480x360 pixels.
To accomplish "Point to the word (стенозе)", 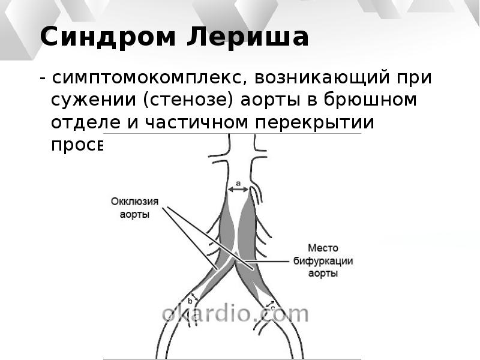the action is (x=190, y=100).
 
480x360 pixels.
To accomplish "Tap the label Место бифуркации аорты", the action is (x=323, y=261).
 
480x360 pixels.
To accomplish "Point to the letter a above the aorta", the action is (x=238, y=182).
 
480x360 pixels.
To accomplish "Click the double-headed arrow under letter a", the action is (x=238, y=190).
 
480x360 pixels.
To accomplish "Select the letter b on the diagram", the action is (x=190, y=301).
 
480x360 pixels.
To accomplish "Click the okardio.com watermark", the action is (x=235, y=313).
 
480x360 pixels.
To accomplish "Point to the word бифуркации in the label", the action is (x=323, y=261).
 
